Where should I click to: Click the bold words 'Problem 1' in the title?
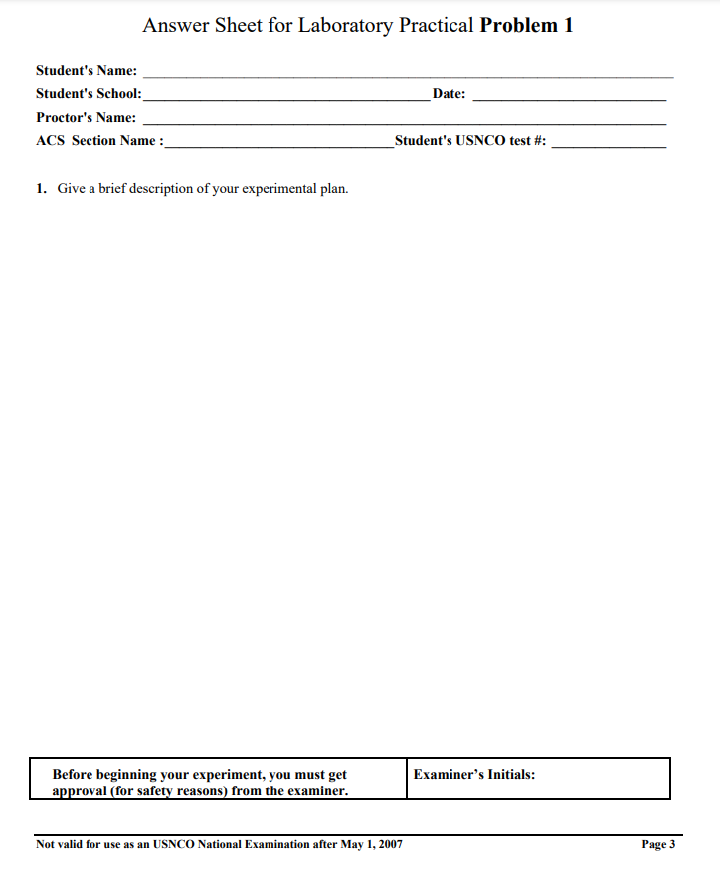[x=526, y=26]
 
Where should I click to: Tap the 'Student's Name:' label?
[x=87, y=71]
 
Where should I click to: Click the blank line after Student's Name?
[x=408, y=75]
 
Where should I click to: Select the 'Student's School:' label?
[x=89, y=94]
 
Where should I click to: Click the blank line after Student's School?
[x=286, y=98]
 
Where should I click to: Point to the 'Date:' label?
[x=450, y=94]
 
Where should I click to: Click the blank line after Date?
[x=570, y=98]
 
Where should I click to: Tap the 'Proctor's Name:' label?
[x=87, y=117]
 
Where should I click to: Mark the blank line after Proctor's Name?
[x=405, y=121]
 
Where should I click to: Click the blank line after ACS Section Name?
[x=279, y=145]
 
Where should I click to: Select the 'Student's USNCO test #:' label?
[x=470, y=140]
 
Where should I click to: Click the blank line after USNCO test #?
[x=609, y=145]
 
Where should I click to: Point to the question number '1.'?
[x=42, y=188]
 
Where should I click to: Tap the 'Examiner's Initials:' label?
[x=474, y=774]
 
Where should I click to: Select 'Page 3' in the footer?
[x=658, y=845]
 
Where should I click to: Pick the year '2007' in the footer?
[x=390, y=845]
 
